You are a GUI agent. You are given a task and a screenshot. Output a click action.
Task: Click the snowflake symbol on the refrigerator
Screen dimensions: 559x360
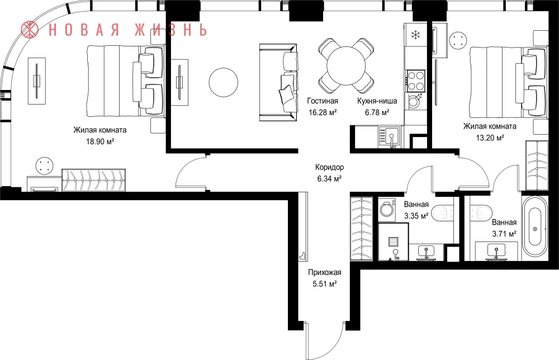coord(415,35)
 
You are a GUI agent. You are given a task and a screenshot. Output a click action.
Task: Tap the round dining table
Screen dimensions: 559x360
coord(346,65)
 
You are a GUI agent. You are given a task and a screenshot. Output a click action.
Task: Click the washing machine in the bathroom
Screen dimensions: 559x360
coord(387,209)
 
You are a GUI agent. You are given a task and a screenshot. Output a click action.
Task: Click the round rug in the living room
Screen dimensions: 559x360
coord(224,82)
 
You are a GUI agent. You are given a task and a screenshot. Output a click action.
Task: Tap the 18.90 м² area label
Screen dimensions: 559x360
coord(100,141)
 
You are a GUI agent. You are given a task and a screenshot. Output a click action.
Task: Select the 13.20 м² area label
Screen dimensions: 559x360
coord(490,138)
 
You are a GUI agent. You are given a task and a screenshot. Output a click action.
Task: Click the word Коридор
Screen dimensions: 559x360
coord(329,167)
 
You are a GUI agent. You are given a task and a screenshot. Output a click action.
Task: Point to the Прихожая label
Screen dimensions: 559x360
coord(325,273)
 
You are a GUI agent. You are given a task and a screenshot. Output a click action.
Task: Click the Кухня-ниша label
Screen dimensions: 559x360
coord(377,101)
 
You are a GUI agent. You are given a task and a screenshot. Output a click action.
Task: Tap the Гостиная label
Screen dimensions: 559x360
coord(323,101)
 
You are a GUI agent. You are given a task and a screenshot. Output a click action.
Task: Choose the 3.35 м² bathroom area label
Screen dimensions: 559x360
coord(416,216)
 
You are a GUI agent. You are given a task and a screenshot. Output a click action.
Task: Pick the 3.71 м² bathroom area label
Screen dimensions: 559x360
coord(504,234)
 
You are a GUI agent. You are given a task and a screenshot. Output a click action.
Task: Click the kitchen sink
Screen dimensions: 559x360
coord(390,137)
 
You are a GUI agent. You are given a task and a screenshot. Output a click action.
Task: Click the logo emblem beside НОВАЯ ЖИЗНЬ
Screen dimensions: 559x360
coord(30,29)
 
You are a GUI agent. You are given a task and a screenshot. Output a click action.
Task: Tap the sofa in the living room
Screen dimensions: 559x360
coord(278,83)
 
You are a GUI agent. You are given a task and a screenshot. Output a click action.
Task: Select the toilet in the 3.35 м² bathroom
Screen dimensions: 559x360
coord(443,214)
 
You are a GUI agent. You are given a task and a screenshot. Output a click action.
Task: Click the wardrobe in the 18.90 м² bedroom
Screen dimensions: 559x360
coord(94,180)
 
